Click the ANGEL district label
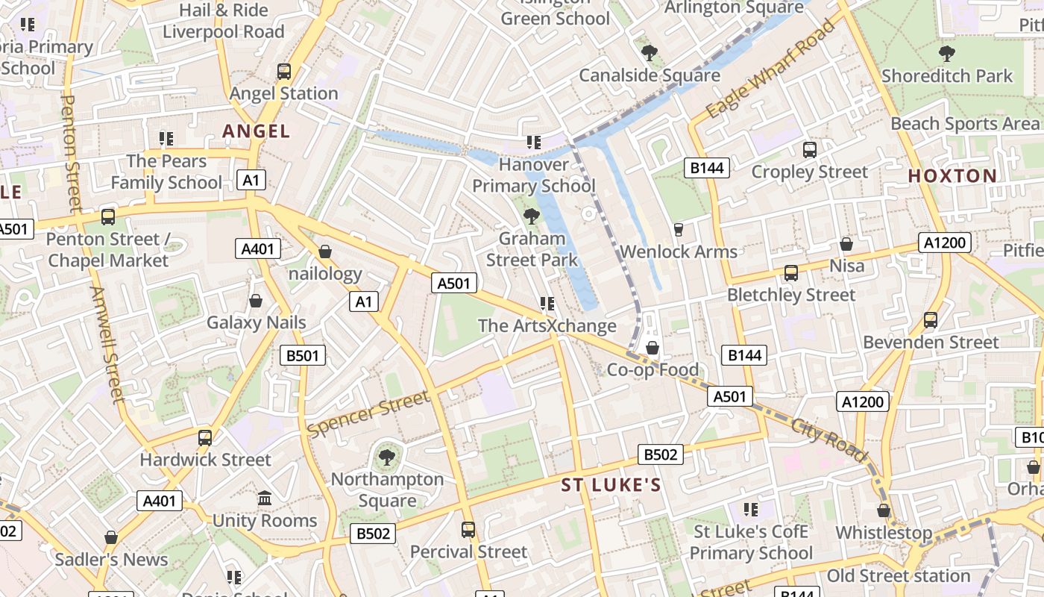pos(256,131)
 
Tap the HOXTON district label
pos(952,176)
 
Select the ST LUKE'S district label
pos(611,486)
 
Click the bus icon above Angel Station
pos(283,72)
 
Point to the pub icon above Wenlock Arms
pos(678,229)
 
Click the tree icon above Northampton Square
pos(386,456)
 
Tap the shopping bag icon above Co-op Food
pos(652,348)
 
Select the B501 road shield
pos(303,355)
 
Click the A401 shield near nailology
pos(258,249)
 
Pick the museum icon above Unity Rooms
pos(264,498)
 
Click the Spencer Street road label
pos(368,414)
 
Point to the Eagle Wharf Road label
pos(770,69)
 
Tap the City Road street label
pos(829,440)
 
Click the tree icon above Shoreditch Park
pos(946,53)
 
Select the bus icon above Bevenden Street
pos(930,320)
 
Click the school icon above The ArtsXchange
pos(547,304)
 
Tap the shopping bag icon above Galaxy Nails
pos(256,301)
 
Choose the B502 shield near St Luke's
pos(661,454)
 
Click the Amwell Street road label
pos(108,345)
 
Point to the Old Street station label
pos(898,576)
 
